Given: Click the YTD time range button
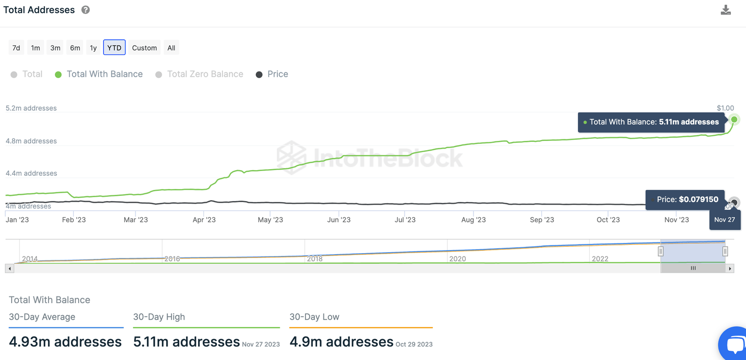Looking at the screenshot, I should click(114, 48).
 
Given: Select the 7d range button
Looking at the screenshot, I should click(16, 48).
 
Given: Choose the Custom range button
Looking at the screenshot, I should click(144, 48).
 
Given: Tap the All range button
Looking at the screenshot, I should click(171, 48).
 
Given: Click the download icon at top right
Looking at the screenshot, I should click(726, 10).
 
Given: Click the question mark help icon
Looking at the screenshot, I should click(85, 10).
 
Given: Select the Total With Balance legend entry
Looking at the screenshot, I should click(104, 74).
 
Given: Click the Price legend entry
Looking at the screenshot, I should click(277, 74).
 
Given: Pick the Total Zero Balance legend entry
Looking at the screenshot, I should click(204, 74).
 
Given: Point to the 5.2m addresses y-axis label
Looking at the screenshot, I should click(31, 108).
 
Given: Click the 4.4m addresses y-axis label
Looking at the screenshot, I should click(31, 173).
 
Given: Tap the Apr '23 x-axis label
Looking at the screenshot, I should click(204, 220).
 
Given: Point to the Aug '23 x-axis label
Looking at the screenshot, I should click(473, 220).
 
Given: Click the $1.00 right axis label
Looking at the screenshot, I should click(725, 108).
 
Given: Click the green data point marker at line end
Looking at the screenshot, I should click(734, 120).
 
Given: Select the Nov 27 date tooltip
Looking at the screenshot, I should click(724, 220).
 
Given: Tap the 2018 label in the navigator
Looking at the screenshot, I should click(315, 258).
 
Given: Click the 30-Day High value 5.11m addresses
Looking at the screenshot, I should click(186, 342).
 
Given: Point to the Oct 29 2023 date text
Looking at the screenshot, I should click(414, 344).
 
